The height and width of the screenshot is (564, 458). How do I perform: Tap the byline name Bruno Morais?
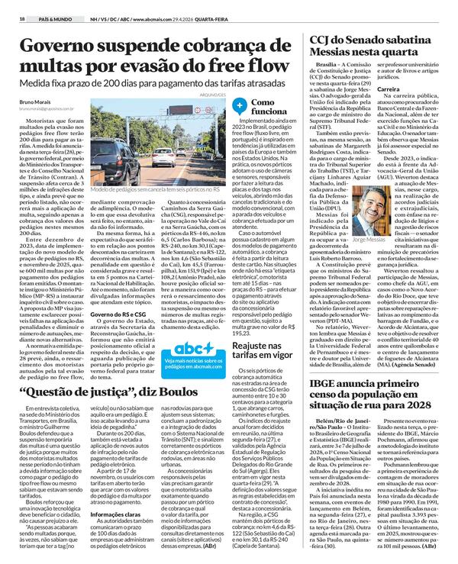click(x=36, y=101)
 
